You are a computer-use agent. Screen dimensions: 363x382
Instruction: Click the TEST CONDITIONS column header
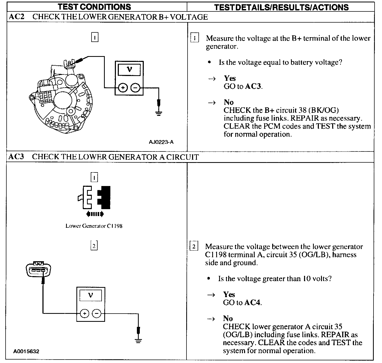click(x=94, y=7)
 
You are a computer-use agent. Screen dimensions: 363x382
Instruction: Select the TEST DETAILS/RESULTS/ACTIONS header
click(x=281, y=7)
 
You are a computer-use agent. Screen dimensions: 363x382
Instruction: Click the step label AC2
click(x=16, y=17)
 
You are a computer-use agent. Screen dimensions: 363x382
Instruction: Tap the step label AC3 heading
click(x=16, y=157)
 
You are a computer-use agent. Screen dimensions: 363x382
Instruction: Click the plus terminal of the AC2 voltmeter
click(x=123, y=87)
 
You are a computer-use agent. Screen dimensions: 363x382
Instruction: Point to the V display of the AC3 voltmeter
click(x=91, y=295)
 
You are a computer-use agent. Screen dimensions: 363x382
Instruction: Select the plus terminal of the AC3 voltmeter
click(x=84, y=314)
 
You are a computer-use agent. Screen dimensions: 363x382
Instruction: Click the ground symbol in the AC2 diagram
click(x=158, y=113)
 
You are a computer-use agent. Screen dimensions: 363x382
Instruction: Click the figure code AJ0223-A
click(x=161, y=142)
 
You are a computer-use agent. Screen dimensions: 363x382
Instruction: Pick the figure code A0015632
click(x=26, y=351)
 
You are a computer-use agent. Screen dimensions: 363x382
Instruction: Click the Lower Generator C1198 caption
click(x=94, y=226)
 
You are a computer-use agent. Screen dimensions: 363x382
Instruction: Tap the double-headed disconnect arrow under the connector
click(x=95, y=214)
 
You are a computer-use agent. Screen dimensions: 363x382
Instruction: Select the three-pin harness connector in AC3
click(x=39, y=270)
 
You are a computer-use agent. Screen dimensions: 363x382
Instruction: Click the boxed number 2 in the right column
click(x=194, y=247)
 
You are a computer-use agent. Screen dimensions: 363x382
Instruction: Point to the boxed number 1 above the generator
click(x=94, y=37)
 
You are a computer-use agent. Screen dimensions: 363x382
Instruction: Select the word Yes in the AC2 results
click(x=230, y=78)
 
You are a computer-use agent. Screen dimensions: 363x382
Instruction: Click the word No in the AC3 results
click(x=228, y=318)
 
